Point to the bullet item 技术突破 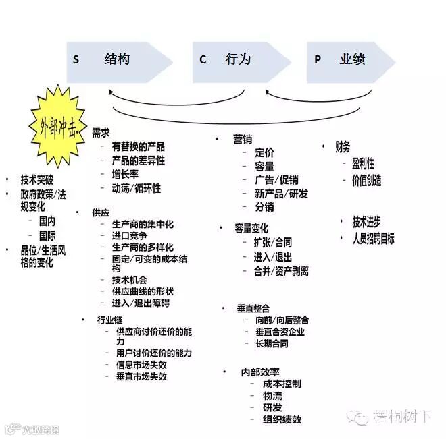tap(38, 180)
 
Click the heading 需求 tap(101, 134)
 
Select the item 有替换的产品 tap(138, 146)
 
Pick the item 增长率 tap(126, 174)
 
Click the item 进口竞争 tap(129, 236)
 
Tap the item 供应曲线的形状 tap(143, 291)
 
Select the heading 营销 tap(242, 139)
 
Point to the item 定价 tap(264, 153)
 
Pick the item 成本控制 tap(282, 384)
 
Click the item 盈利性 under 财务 tap(363, 163)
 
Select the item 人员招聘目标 tap(373, 238)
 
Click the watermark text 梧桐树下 tap(402, 415)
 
